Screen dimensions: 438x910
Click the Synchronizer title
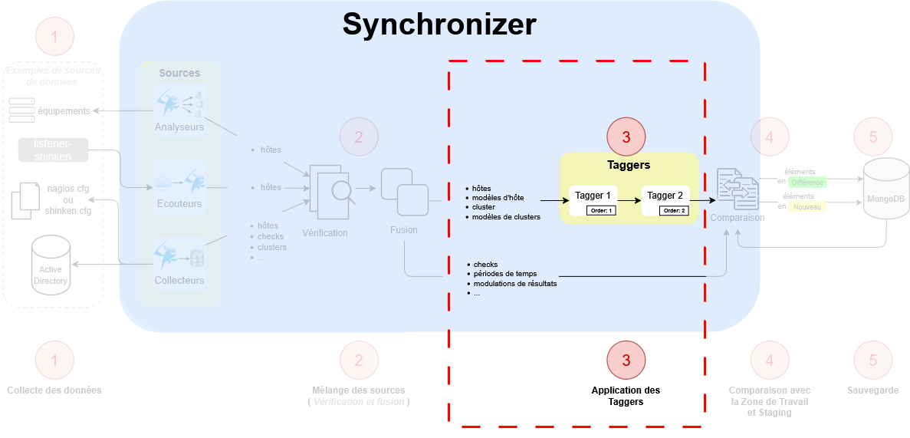(439, 25)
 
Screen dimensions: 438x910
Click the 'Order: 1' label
(602, 210)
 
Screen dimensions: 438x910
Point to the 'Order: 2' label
(675, 210)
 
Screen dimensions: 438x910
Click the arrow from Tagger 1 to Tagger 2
(629, 199)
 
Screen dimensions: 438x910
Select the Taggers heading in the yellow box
(629, 165)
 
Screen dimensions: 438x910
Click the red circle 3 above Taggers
(626, 137)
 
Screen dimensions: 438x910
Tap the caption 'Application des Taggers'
(626, 396)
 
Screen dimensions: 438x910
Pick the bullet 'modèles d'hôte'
(498, 198)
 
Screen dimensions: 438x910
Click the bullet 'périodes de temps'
(504, 274)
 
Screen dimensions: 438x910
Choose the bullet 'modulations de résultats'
(514, 283)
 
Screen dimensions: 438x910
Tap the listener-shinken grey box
(53, 150)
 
